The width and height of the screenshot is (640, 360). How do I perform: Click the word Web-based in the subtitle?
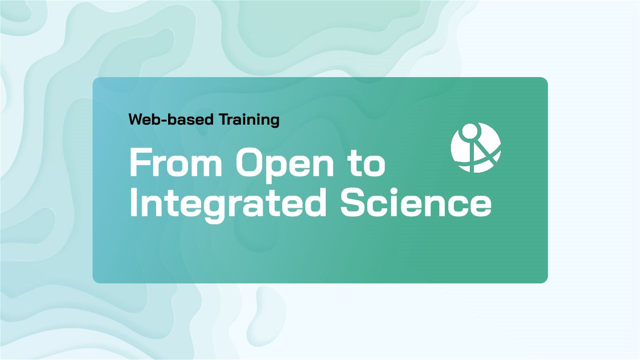(x=171, y=120)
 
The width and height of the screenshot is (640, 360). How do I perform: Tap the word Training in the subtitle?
(x=249, y=120)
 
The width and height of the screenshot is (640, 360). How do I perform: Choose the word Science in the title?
(x=416, y=202)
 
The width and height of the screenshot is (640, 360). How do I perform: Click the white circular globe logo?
(x=476, y=148)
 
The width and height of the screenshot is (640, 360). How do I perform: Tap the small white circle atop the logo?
(x=470, y=131)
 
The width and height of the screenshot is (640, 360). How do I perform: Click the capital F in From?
(x=141, y=162)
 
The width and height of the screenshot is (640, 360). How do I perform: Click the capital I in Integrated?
(x=133, y=202)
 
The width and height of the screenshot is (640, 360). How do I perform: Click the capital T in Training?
(x=225, y=120)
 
